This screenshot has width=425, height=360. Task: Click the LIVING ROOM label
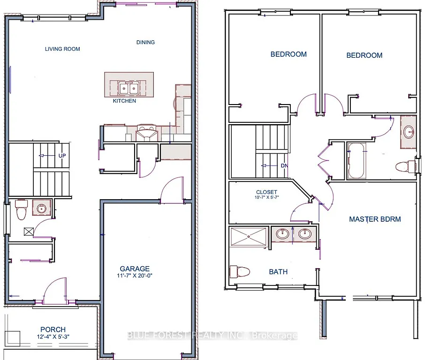click(62, 49)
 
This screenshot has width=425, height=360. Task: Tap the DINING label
click(145, 42)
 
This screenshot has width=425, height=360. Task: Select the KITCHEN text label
click(124, 101)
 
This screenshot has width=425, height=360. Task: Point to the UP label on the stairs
click(62, 156)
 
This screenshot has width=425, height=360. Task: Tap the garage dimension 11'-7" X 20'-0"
click(135, 276)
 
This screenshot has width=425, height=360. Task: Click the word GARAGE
click(135, 269)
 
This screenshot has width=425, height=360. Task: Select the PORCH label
click(53, 330)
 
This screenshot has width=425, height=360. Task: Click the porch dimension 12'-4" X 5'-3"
click(53, 337)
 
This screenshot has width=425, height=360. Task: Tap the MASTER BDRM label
click(375, 219)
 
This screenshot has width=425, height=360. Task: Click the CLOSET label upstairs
click(266, 192)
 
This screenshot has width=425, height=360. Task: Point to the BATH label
click(278, 271)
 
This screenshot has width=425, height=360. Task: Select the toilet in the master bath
click(239, 271)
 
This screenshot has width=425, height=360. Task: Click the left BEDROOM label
click(288, 54)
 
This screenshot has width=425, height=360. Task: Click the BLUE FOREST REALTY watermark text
click(212, 336)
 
